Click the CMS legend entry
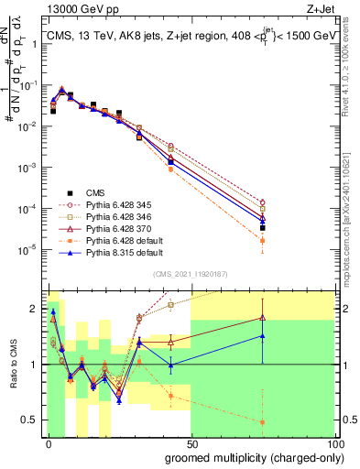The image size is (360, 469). [x=95, y=192]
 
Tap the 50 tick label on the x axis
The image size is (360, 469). [x=192, y=442]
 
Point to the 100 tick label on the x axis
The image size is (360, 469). [x=335, y=442]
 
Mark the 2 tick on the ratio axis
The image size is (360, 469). [x=38, y=309]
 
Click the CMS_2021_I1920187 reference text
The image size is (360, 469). [x=190, y=274]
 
